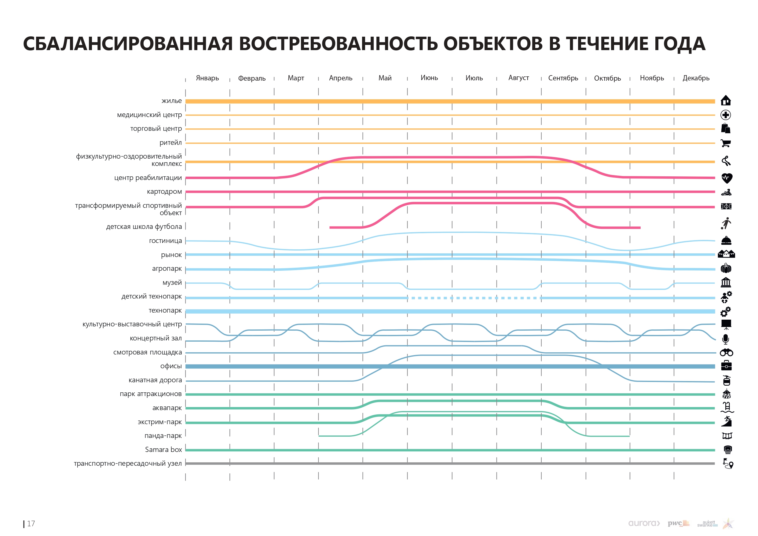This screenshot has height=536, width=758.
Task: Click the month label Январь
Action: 207,78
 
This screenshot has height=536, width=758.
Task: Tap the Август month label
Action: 518,78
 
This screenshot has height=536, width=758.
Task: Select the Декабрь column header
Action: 696,78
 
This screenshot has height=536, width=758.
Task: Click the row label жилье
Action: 171,101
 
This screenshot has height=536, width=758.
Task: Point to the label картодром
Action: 164,192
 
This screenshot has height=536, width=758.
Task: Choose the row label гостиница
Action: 165,241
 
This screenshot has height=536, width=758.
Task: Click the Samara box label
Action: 163,450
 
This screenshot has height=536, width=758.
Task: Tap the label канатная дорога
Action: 155,380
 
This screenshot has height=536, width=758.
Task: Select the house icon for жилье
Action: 726,101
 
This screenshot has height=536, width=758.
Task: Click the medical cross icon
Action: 726,115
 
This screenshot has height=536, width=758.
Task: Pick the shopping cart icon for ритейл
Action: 726,143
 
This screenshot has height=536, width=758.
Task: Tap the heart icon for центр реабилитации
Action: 727,178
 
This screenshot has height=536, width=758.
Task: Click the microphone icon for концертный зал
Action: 726,339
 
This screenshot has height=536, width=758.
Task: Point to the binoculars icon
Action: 726,353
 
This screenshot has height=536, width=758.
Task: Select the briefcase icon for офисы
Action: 726,366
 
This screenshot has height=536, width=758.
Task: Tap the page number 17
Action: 31,524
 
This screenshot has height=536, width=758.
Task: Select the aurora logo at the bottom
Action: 644,523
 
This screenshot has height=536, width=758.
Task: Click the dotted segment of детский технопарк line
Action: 474,298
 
